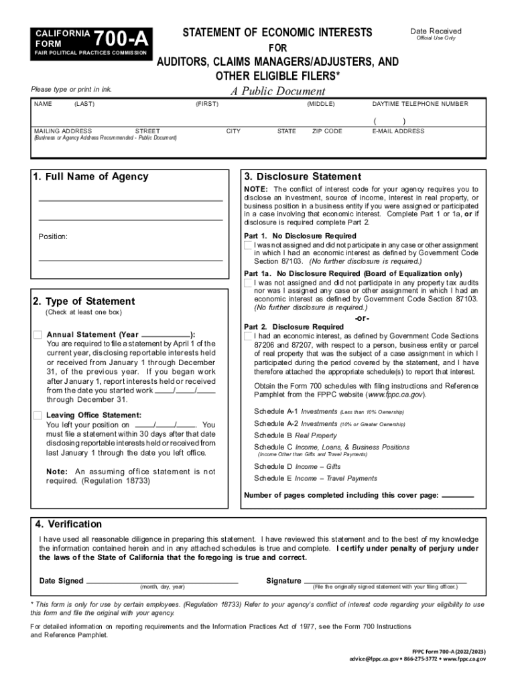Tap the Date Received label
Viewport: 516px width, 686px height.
tap(436, 31)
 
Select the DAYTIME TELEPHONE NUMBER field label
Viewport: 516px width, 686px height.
tap(420, 104)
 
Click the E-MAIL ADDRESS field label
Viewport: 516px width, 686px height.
tap(398, 131)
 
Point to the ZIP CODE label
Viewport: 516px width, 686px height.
tap(327, 131)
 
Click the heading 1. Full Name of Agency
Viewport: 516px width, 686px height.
tap(90, 177)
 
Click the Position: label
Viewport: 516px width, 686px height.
tap(53, 236)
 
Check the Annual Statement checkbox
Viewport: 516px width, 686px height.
tap(38, 335)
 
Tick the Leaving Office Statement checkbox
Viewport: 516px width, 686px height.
tap(38, 415)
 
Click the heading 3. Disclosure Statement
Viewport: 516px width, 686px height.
tap(302, 177)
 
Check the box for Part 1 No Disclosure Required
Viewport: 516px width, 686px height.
tap(249, 245)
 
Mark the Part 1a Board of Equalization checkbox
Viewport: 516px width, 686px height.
tap(249, 283)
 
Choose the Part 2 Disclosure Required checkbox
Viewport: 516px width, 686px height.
tap(249, 336)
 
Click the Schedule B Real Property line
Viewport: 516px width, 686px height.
tap(296, 435)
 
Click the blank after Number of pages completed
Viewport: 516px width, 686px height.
tap(458, 495)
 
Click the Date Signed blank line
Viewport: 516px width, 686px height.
tap(162, 581)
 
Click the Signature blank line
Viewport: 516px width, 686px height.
tap(385, 581)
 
